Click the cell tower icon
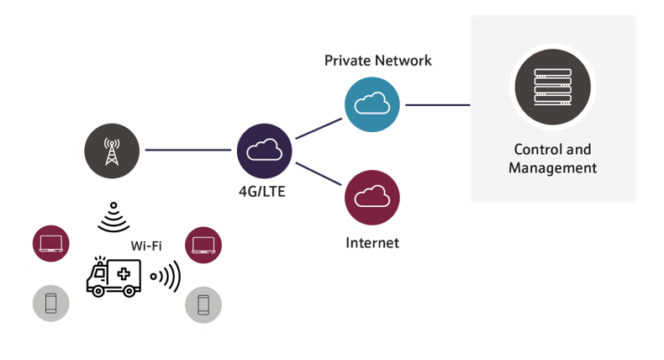pos(111,150)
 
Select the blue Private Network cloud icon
pos(371,103)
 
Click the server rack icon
pos(551,87)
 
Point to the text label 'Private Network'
pos(377,61)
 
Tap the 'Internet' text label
pos(372,243)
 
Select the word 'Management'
pos(553,168)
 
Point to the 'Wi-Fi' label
pos(147,246)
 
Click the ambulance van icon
pos(113,275)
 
